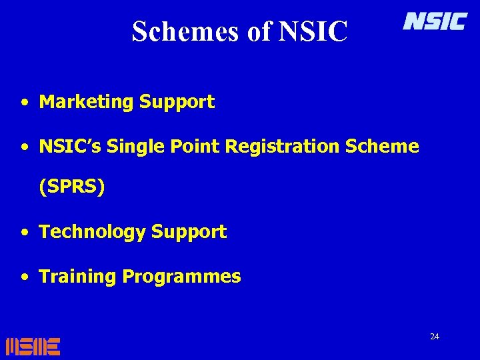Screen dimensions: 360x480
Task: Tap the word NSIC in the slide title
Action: click(x=313, y=31)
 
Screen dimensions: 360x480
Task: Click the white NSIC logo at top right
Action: click(x=435, y=22)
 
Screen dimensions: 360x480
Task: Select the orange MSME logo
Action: click(x=33, y=346)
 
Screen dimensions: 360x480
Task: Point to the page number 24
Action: click(x=435, y=337)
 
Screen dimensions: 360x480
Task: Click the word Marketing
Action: click(x=87, y=102)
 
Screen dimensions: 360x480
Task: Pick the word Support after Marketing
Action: click(x=177, y=102)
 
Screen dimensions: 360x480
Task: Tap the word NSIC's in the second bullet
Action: click(x=71, y=146)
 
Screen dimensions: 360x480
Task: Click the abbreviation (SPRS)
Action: click(x=72, y=188)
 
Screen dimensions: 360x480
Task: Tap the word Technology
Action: click(x=93, y=232)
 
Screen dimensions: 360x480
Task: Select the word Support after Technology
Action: click(x=189, y=232)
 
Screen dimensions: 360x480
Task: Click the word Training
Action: click(x=78, y=276)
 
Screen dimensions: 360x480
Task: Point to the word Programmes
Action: click(x=181, y=277)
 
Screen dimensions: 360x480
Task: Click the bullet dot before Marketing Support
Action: click(x=24, y=103)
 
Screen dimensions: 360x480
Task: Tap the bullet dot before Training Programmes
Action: click(x=24, y=277)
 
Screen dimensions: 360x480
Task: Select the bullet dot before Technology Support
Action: click(x=24, y=233)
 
